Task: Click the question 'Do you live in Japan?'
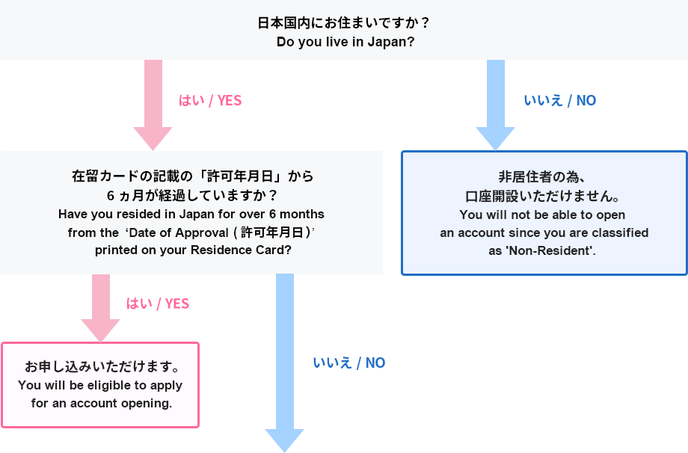[x=345, y=42]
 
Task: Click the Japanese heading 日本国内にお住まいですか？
[x=344, y=22]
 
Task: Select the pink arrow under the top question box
[x=153, y=105]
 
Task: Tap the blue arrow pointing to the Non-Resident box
[x=495, y=105]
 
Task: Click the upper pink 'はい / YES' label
[x=210, y=100]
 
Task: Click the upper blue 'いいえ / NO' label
[x=560, y=100]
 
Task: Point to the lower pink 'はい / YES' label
[x=158, y=303]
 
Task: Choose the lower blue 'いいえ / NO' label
[x=349, y=363]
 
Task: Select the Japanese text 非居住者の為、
[x=544, y=177]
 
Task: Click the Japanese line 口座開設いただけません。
[x=544, y=197]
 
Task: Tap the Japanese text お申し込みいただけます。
[x=101, y=367]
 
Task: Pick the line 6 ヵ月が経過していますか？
[x=191, y=196]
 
